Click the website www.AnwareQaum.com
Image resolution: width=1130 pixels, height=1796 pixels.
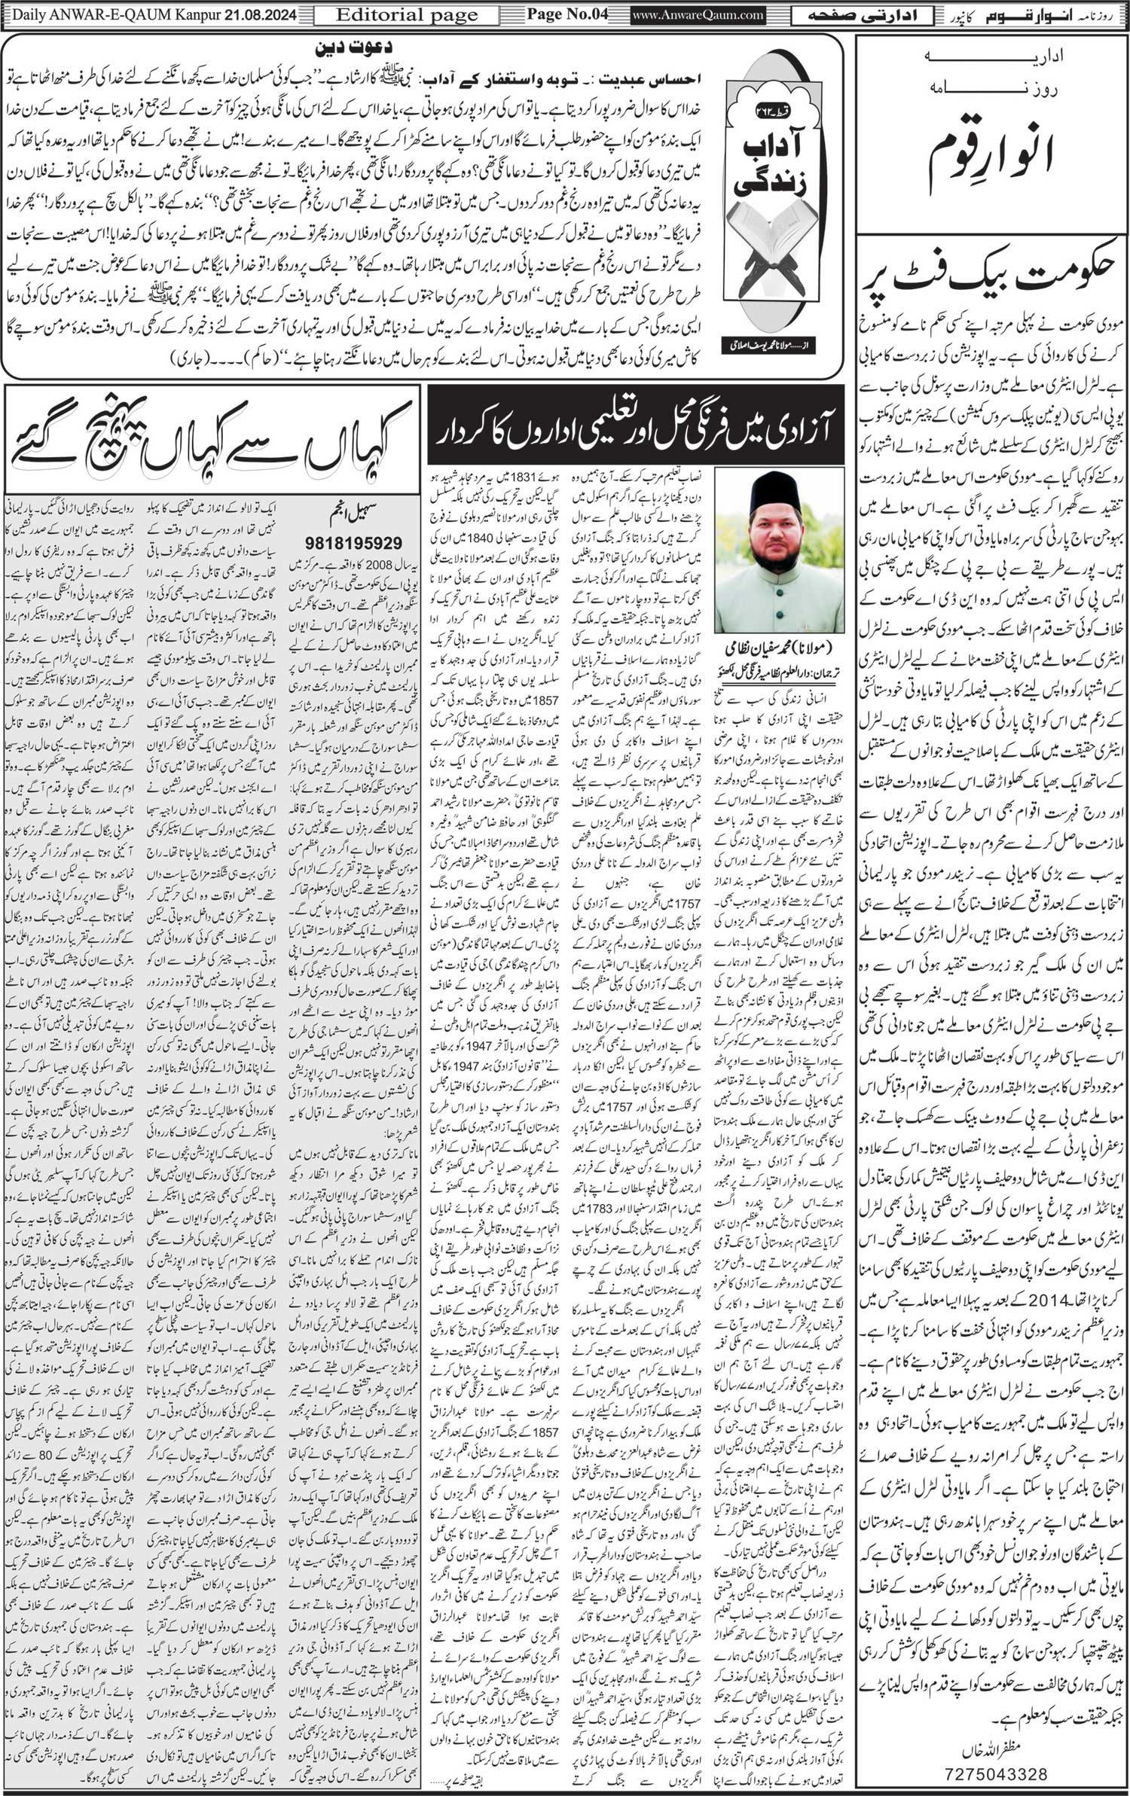pos(689,15)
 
